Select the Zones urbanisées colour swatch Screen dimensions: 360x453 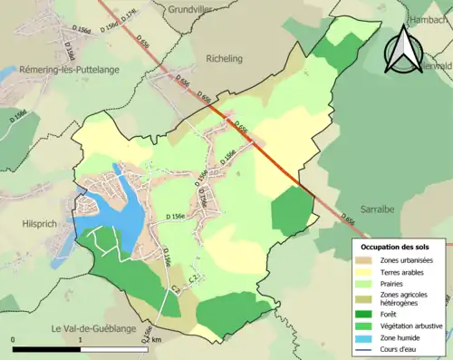[370, 261]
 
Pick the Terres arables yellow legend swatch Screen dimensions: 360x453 [370, 274]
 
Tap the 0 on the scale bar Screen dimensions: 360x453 [13, 340]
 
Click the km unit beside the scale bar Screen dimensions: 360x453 [158, 340]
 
